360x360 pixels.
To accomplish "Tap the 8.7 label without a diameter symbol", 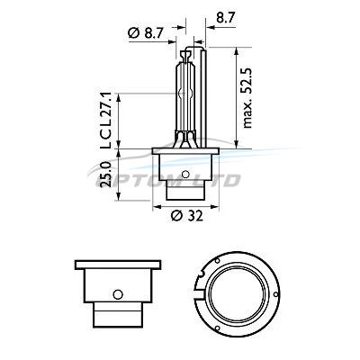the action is (x=225, y=18).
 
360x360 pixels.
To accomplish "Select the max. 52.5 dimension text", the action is (x=247, y=98).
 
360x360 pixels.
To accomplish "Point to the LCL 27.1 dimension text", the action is (x=106, y=121).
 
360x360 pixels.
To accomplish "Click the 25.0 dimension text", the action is (x=106, y=175).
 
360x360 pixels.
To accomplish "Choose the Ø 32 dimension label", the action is (x=187, y=216).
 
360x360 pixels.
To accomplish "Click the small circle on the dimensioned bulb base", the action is (x=185, y=174).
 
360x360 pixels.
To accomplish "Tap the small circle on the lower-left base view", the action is (x=118, y=294).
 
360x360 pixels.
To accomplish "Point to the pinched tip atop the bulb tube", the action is (x=185, y=56).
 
